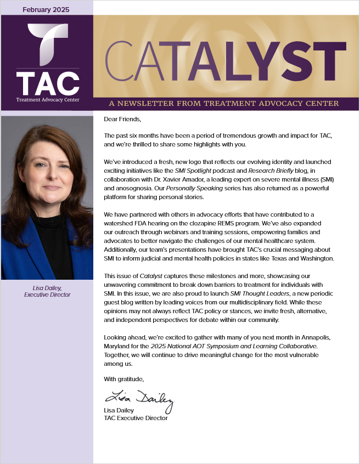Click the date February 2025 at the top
[x=47, y=10]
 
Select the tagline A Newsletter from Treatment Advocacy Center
[x=224, y=103]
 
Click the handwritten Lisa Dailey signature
[x=139, y=398]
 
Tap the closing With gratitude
[x=124, y=378]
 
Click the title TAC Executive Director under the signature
[x=136, y=418]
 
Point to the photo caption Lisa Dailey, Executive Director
[x=47, y=291]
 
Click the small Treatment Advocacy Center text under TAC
[x=47, y=100]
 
